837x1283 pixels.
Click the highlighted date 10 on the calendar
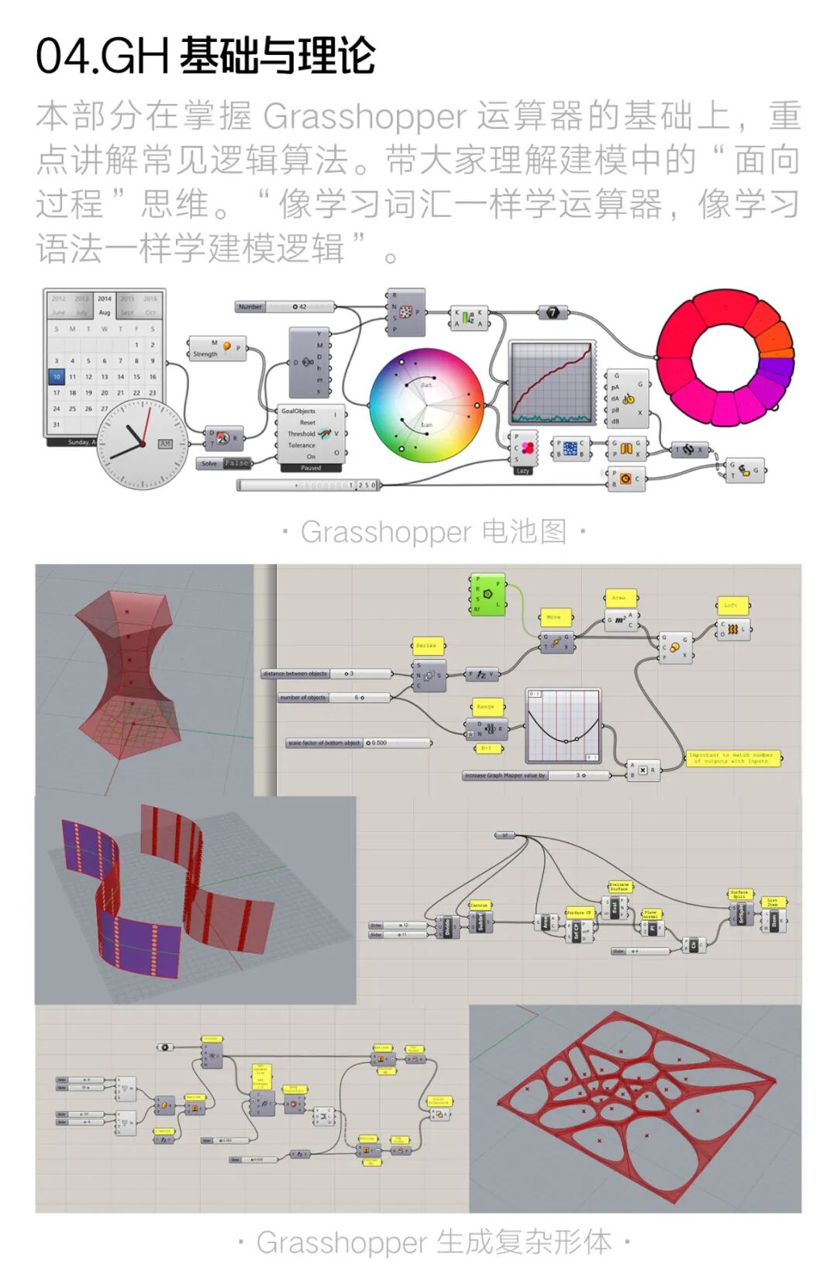[57, 377]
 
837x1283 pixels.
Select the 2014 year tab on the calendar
[105, 298]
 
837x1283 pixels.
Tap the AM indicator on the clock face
[164, 443]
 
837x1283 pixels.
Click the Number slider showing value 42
[284, 307]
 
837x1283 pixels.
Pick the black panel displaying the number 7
[553, 312]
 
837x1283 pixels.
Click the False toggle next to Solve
[236, 464]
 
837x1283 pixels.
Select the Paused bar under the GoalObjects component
[311, 468]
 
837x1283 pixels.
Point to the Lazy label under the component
[523, 471]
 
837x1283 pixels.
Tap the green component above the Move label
[488, 594]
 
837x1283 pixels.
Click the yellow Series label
[425, 645]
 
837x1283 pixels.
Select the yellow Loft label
[730, 605]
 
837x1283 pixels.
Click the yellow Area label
[619, 598]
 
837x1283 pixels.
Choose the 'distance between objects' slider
[325, 674]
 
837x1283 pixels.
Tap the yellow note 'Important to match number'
[732, 758]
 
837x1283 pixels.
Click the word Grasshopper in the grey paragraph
[364, 117]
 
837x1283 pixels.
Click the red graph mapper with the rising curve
[552, 382]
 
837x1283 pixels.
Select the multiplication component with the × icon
[642, 770]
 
